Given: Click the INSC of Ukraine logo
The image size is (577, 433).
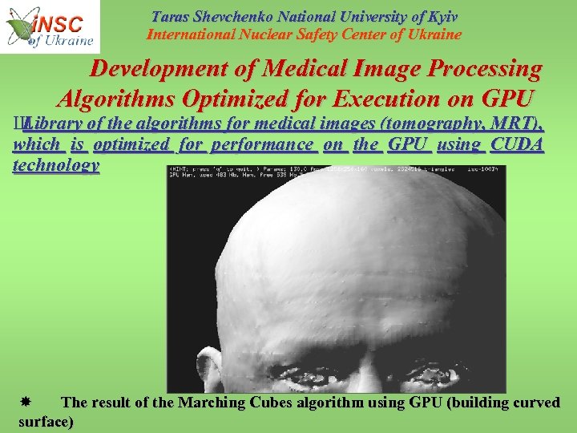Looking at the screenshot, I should point(50,26).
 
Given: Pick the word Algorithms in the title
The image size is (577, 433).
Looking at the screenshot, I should point(119,99).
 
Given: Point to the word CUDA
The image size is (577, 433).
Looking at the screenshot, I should point(516,144).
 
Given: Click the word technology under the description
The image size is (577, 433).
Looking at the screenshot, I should point(56,165).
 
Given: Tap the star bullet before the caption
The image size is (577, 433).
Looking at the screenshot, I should point(26,402).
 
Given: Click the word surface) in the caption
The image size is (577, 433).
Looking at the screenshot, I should point(46,421).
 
